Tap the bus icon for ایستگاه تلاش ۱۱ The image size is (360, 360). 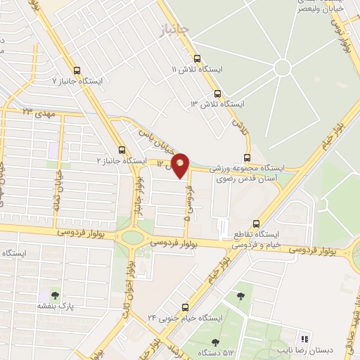(x=197, y=59)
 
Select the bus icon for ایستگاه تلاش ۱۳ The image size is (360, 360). (x=217, y=93)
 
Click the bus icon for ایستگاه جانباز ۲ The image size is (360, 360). (x=122, y=150)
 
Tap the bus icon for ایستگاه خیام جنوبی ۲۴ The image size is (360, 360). (x=186, y=307)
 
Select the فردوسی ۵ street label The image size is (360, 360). (x=188, y=198)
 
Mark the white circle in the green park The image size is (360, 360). (x=282, y=68)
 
